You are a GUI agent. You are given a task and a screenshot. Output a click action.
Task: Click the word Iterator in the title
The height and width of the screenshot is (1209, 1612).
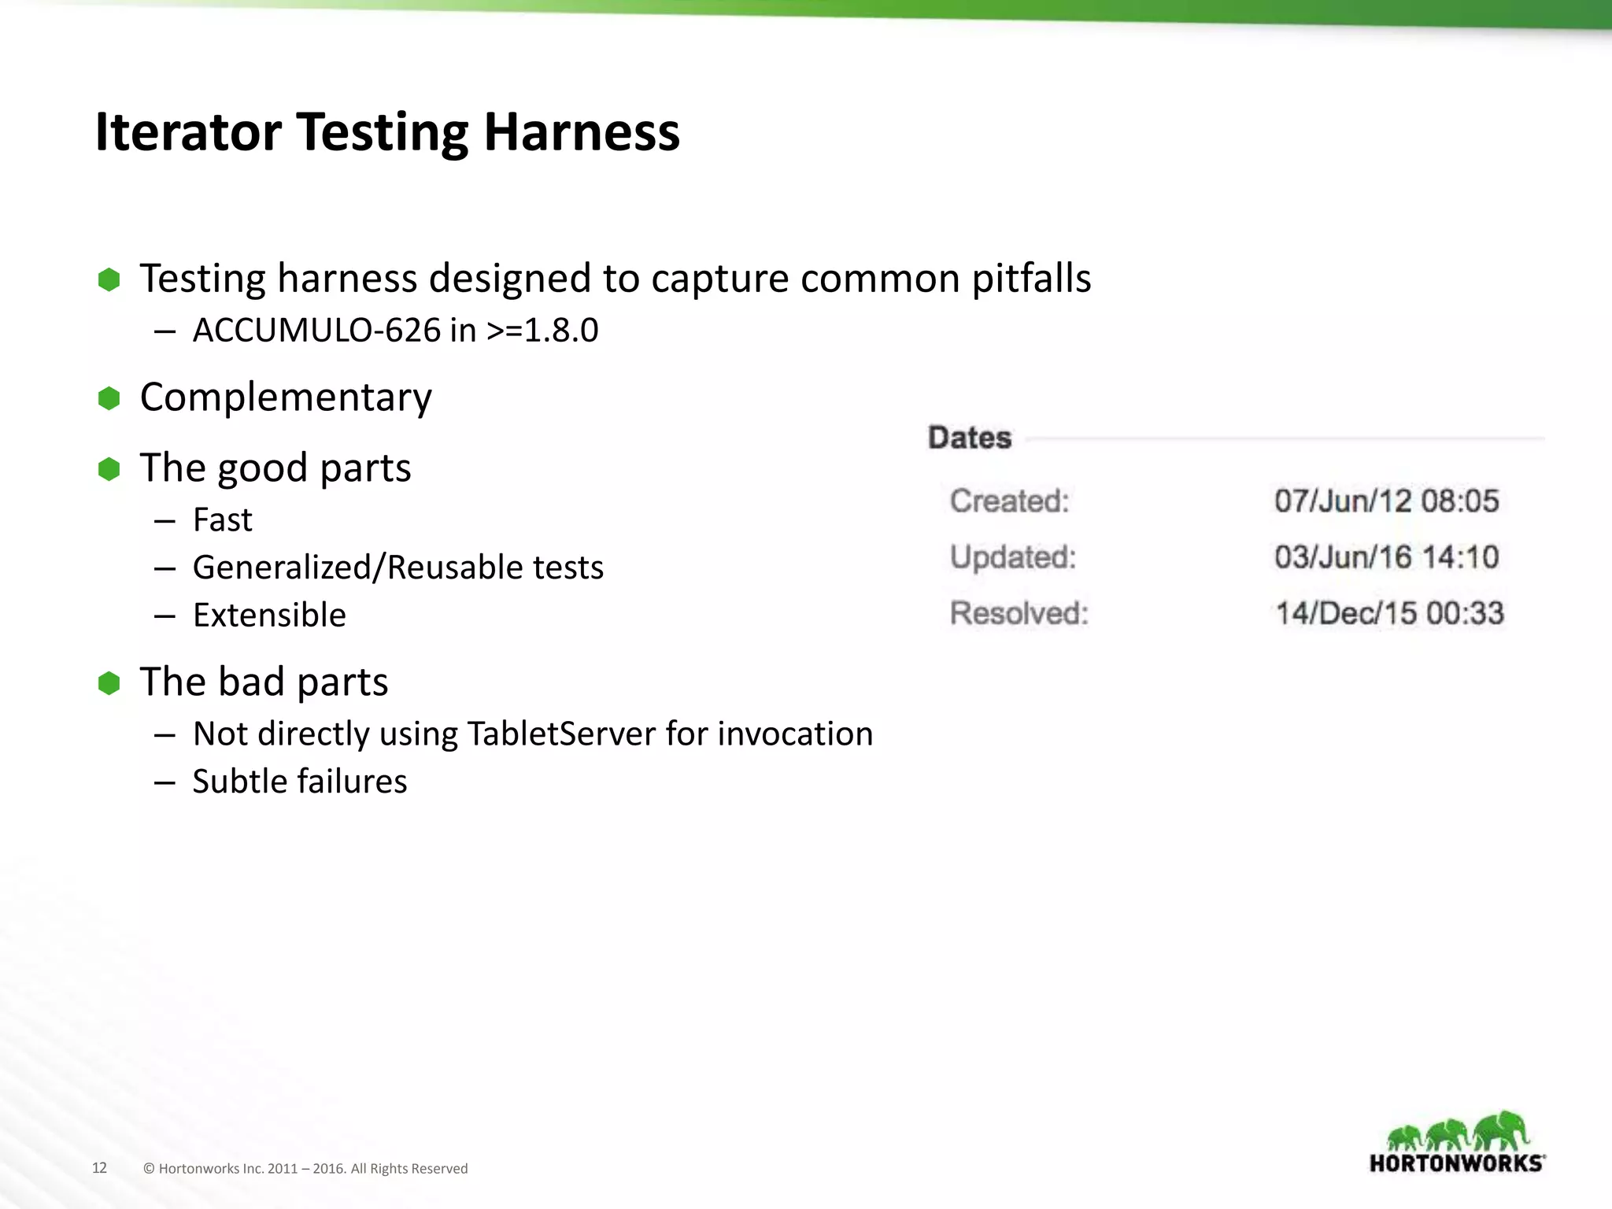pos(188,131)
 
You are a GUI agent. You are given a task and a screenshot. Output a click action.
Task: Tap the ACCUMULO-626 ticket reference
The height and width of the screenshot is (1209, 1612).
pos(316,331)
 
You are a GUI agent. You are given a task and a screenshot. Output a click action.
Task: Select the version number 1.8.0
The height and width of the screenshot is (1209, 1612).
pos(561,331)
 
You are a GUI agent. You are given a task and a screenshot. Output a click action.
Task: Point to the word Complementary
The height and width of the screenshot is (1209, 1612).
pos(286,397)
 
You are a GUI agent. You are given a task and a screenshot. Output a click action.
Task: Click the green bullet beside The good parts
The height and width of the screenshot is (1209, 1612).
pos(109,469)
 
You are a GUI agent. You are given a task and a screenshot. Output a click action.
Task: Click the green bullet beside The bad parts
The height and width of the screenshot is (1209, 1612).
pos(109,683)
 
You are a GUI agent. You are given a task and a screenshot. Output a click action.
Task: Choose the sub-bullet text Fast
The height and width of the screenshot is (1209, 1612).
pos(222,520)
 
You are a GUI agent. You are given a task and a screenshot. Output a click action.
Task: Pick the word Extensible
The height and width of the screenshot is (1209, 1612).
pos(269,616)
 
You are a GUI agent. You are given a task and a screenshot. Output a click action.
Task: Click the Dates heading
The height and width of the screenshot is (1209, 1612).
pos(970,438)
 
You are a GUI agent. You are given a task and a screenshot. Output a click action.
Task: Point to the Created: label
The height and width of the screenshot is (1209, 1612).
pos(1010,501)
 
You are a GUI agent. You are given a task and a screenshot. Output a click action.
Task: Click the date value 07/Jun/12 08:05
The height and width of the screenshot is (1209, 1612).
pos(1387,501)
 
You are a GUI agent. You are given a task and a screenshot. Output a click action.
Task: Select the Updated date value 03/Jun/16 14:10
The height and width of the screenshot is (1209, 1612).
pos(1387,557)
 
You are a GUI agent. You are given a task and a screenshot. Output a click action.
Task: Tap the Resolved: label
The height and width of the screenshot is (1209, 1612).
pos(1019,613)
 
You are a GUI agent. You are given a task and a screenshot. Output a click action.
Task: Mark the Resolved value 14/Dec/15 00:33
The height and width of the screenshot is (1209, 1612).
pos(1389,613)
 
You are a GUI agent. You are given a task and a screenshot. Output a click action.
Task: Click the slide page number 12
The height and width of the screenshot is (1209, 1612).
pos(99,1168)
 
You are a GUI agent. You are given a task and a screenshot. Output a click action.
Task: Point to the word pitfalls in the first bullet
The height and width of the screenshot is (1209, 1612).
pos(1031,279)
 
